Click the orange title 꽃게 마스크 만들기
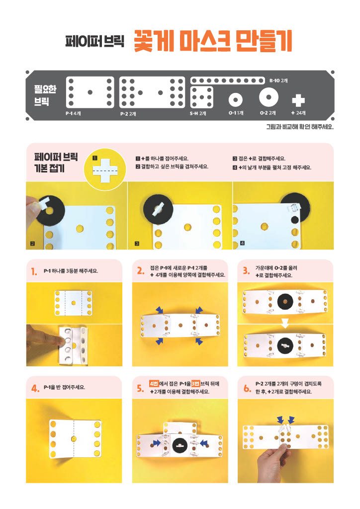(x=213, y=41)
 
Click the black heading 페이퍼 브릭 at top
(x=94, y=41)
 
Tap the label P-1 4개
(x=73, y=114)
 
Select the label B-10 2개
(x=278, y=81)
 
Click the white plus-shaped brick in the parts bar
(x=298, y=100)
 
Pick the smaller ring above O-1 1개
(x=235, y=99)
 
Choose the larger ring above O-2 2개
(x=269, y=97)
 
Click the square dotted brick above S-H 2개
(x=201, y=97)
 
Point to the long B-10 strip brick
(x=227, y=81)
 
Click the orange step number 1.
(x=34, y=272)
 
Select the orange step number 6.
(x=247, y=388)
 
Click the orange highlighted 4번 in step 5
(x=154, y=383)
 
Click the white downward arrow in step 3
(x=285, y=323)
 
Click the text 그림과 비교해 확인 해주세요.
(x=300, y=127)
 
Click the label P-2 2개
(x=128, y=114)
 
